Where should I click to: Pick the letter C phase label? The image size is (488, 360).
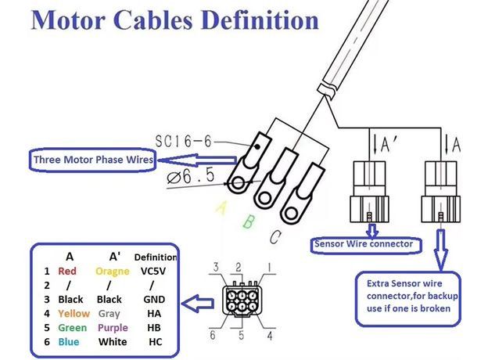click(x=275, y=236)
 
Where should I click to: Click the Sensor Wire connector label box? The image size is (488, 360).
click(x=362, y=243)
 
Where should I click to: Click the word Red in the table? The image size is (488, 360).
click(x=67, y=272)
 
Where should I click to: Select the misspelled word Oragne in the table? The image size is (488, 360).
click(x=112, y=272)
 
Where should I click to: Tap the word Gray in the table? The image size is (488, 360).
click(x=109, y=314)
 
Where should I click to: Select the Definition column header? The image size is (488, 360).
click(x=155, y=257)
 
